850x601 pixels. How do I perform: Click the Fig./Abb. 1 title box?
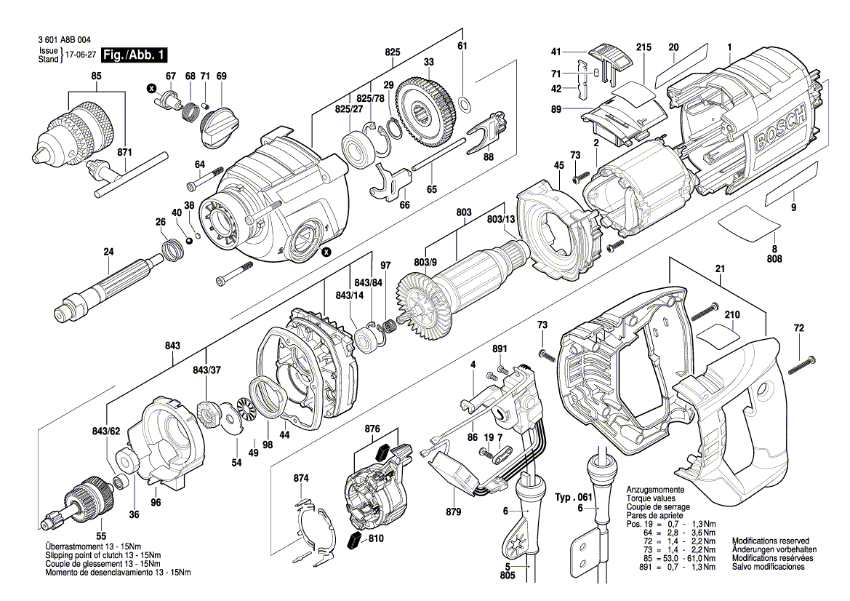pos(135,55)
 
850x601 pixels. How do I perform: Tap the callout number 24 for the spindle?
pos(108,252)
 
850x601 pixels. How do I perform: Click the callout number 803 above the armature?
pos(463,212)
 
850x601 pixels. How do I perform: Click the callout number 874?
pos(300,478)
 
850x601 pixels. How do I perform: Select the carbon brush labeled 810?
pos(355,540)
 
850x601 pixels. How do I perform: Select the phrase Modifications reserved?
pos(770,541)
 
